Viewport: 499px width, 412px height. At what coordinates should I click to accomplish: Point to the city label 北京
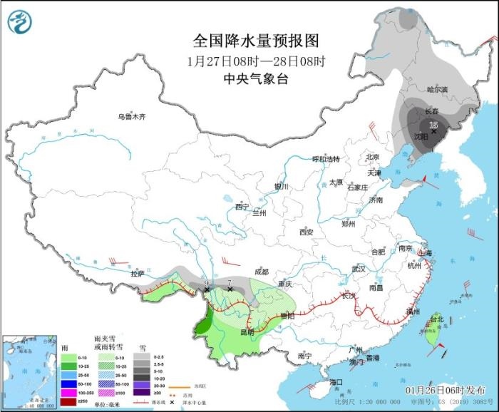372,157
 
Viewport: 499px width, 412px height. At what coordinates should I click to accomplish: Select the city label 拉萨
138,273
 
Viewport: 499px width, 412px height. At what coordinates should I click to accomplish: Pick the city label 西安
307,232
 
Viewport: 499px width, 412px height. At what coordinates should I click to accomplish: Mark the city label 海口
336,382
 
